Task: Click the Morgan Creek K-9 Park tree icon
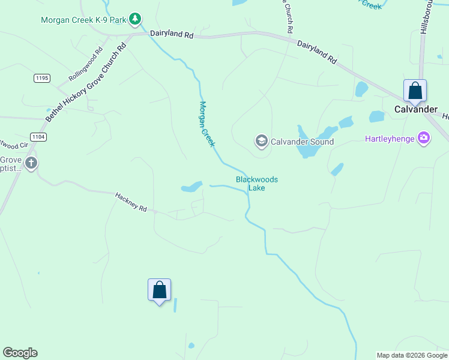(136, 20)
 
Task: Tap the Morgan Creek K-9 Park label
(83, 20)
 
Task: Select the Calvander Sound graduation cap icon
(261, 142)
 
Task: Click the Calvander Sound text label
(302, 142)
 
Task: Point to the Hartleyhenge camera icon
(424, 139)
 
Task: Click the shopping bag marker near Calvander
(415, 92)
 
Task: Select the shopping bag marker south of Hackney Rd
(159, 290)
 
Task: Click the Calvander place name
(416, 110)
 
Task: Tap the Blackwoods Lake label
(257, 184)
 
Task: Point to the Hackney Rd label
(131, 202)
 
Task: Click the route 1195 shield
(42, 78)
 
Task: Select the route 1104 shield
(38, 137)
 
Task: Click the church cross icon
(31, 163)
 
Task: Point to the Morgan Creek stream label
(207, 124)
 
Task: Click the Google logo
(20, 353)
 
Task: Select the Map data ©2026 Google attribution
(411, 355)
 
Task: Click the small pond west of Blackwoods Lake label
(192, 187)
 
